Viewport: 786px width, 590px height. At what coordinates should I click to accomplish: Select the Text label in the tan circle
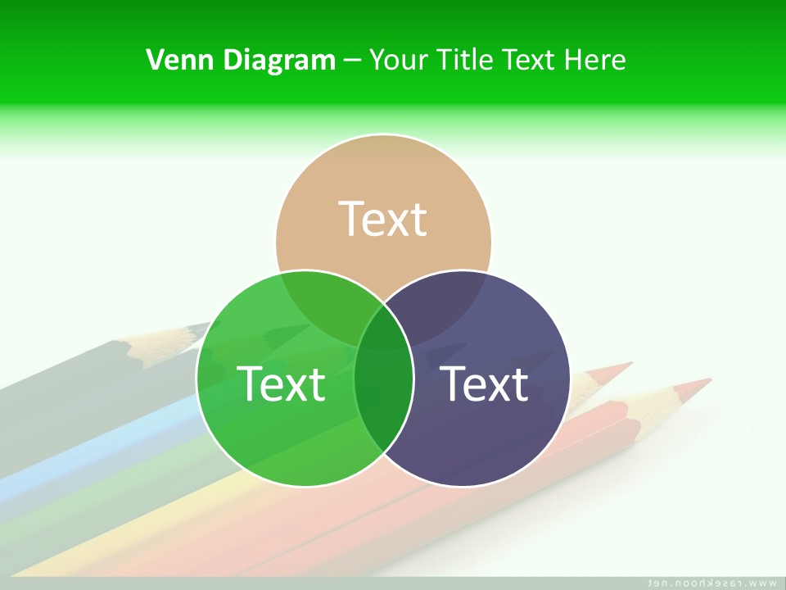pyautogui.click(x=383, y=219)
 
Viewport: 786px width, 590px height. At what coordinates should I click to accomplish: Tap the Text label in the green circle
pyautogui.click(x=281, y=383)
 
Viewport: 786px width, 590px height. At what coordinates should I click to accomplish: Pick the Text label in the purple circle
pyautogui.click(x=484, y=383)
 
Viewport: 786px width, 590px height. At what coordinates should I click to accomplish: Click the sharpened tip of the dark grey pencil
pyautogui.click(x=206, y=328)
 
